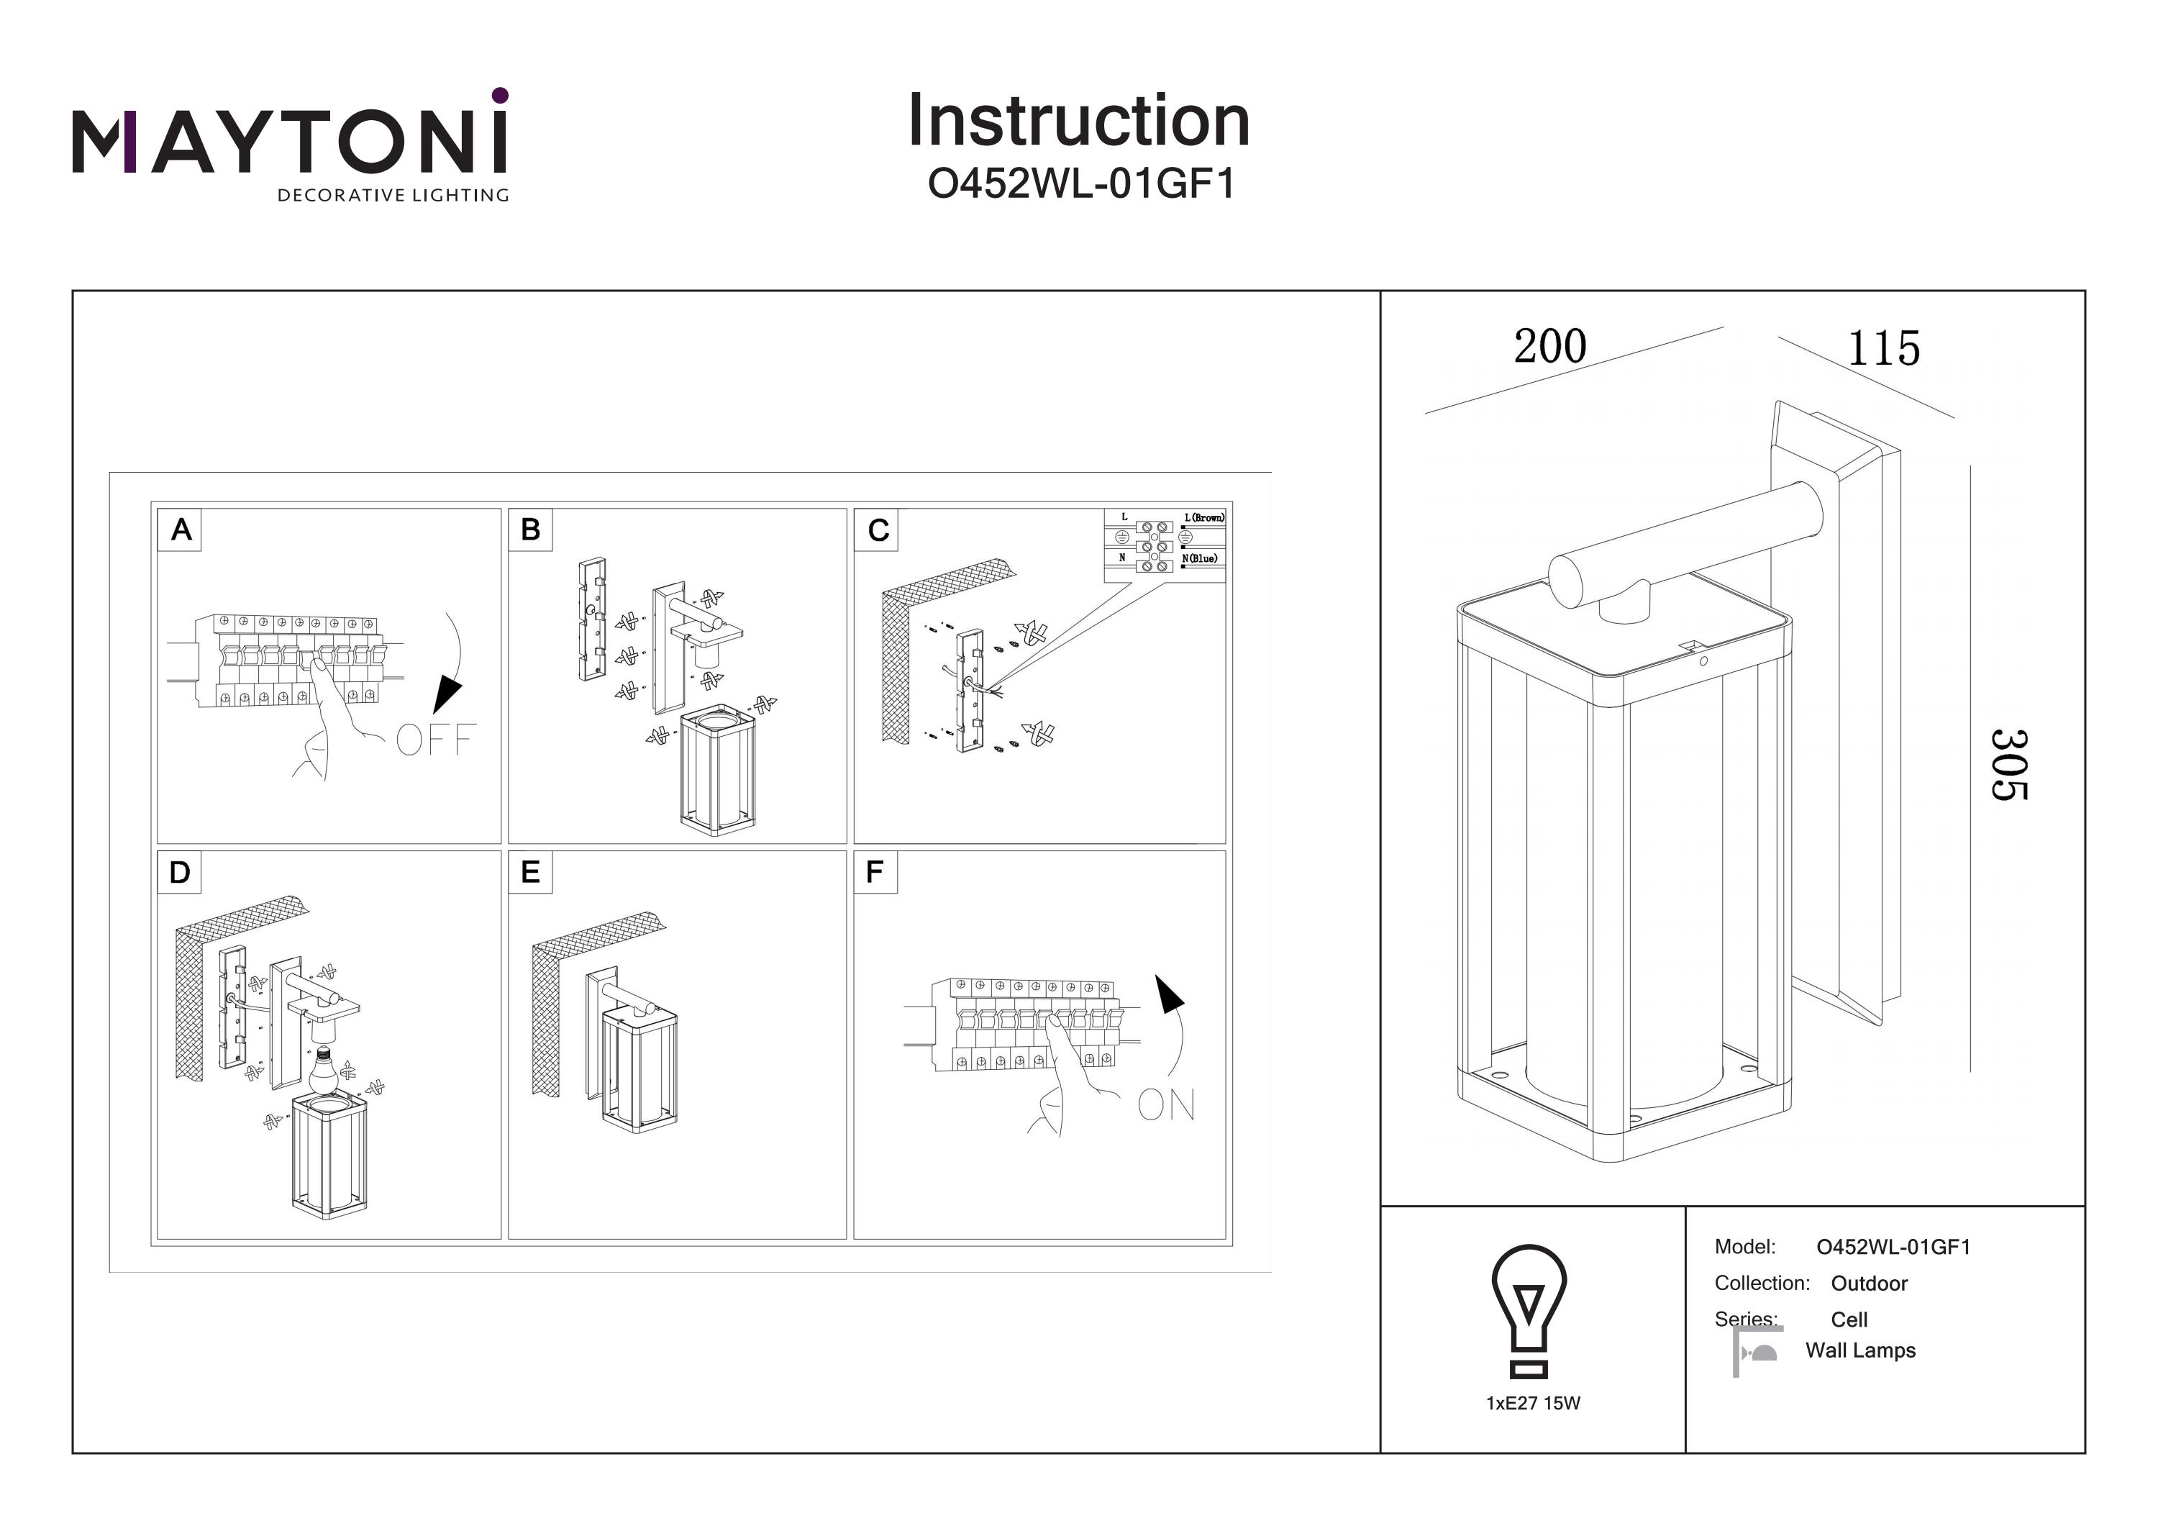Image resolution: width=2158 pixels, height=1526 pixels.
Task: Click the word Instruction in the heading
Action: tap(1078, 122)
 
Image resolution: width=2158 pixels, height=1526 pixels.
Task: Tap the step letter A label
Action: tap(181, 530)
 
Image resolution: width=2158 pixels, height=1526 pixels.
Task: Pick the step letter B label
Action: tap(530, 530)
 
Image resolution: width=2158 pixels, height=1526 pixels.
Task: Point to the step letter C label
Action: tap(878, 530)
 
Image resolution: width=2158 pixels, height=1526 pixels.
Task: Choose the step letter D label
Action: tap(180, 873)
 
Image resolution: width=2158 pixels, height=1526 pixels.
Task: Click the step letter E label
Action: tap(530, 873)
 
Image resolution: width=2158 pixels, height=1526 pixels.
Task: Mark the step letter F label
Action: tap(874, 873)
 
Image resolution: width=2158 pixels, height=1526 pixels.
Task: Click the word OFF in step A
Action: tap(435, 740)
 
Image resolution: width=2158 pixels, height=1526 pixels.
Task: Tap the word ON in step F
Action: tap(1167, 1105)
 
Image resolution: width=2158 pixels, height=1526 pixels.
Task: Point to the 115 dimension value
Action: tap(1882, 349)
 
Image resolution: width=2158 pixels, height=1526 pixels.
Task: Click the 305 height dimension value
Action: tap(2008, 764)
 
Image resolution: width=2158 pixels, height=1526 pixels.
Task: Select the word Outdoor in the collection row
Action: tap(1869, 1284)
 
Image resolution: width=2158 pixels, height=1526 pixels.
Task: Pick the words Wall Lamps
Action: tap(1860, 1350)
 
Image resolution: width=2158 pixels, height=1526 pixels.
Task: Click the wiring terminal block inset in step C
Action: tap(1165, 545)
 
